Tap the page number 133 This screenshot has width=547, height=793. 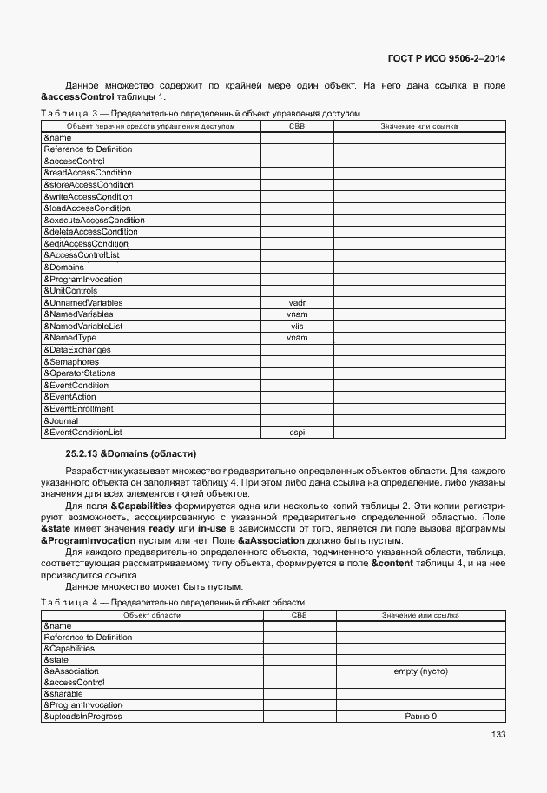coord(498,734)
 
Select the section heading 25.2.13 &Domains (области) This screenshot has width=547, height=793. coord(131,453)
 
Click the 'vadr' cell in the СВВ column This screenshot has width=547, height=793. coord(297,303)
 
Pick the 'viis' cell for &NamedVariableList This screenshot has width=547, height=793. coord(297,327)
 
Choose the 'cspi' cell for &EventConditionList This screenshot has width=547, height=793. coord(297,433)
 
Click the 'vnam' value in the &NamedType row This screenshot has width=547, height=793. coord(297,338)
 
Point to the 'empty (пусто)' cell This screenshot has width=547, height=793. coord(420,671)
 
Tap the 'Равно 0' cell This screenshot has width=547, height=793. coord(420,717)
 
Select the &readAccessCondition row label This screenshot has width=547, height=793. coord(88,173)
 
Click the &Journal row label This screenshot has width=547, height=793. coord(61,420)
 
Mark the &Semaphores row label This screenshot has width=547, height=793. coord(71,362)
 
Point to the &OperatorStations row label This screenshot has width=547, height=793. coord(79,373)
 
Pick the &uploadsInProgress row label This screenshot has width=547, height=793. coord(82,717)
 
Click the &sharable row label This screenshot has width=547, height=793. coord(63,694)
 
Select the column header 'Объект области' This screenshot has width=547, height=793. coord(152,615)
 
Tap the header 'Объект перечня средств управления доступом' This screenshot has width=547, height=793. coord(151,127)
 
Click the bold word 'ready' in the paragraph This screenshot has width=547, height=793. coord(161,528)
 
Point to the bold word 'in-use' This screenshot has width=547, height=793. coord(212,528)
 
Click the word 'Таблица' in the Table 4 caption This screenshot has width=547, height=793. coord(66,603)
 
